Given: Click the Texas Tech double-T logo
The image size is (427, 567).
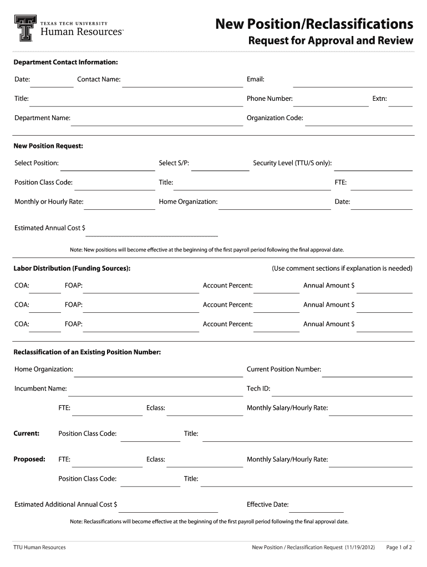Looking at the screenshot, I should pyautogui.click(x=24, y=28).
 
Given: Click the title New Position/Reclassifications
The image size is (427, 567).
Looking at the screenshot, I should pyautogui.click(x=314, y=24).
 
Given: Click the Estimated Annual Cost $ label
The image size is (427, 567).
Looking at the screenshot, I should pyautogui.click(x=50, y=228).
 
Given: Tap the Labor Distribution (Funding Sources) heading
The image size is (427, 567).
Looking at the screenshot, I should pyautogui.click(x=72, y=269).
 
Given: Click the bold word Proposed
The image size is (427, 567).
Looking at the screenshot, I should pyautogui.click(x=29, y=459).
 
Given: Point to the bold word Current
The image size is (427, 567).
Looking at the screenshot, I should pyautogui.click(x=26, y=434).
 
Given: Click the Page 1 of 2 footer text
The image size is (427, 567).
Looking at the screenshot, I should pyautogui.click(x=399, y=548).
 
